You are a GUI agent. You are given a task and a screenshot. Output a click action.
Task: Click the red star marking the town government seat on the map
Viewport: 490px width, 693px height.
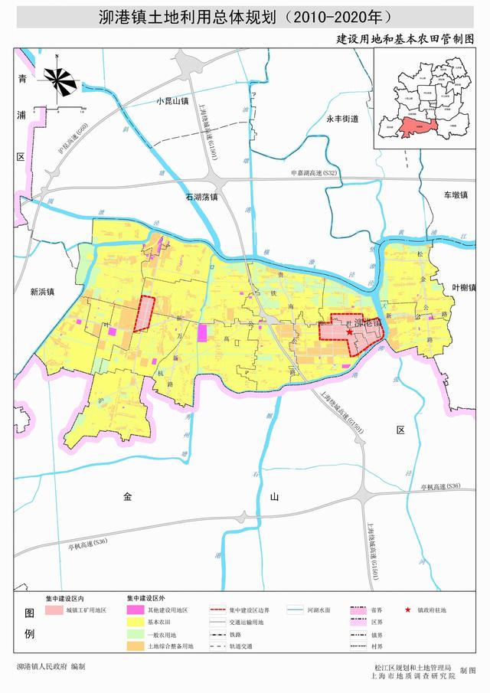point(349,332)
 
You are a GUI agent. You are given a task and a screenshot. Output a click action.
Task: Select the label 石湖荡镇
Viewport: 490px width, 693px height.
point(202,197)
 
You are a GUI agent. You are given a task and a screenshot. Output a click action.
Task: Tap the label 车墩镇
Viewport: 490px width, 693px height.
point(454,195)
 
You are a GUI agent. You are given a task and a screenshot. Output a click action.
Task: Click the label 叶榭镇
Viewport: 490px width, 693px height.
point(463,288)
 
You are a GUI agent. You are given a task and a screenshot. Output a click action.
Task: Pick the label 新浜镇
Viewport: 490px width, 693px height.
point(43,292)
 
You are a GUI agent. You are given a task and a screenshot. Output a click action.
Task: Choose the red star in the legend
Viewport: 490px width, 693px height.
point(408,610)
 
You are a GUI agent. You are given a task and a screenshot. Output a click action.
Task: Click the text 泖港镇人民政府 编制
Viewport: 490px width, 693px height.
point(51,667)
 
